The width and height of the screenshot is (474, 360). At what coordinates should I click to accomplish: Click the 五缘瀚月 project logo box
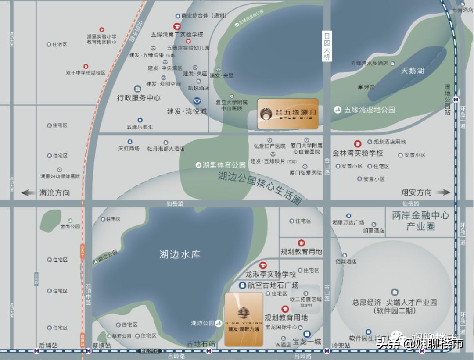click(x=287, y=114)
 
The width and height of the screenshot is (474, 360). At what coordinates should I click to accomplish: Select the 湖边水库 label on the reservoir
click(x=180, y=254)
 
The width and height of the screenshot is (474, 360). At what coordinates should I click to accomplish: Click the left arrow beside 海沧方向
click(x=28, y=192)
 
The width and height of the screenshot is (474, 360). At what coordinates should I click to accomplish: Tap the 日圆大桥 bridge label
click(x=327, y=46)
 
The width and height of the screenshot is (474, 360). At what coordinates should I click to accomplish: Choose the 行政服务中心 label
click(x=139, y=98)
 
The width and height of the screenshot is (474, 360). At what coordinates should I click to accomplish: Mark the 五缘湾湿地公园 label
click(x=370, y=110)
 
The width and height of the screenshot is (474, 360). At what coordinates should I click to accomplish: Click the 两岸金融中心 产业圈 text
click(x=420, y=221)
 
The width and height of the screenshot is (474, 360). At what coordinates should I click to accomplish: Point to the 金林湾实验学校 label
click(x=358, y=153)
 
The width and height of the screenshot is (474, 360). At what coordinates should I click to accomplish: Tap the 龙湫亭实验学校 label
click(x=270, y=274)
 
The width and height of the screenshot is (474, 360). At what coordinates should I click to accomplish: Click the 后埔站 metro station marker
click(x=36, y=351)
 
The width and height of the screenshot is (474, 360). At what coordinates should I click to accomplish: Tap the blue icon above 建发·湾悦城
click(x=197, y=101)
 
